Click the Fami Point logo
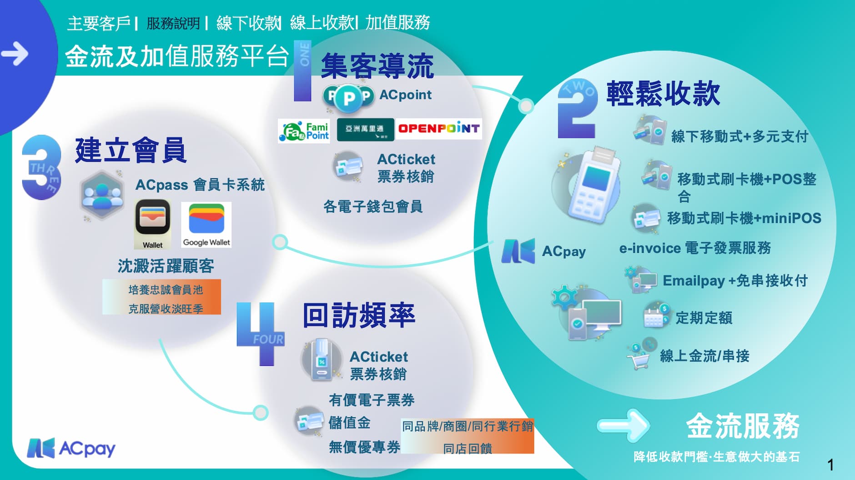click(x=303, y=131)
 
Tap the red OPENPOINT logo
click(x=438, y=129)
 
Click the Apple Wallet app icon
click(x=153, y=223)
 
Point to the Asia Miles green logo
click(x=365, y=130)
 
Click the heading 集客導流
click(x=377, y=66)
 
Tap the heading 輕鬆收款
click(x=663, y=94)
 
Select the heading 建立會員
click(x=131, y=150)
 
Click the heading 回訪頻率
click(x=359, y=315)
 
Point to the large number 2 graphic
click(x=577, y=109)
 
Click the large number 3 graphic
click(x=41, y=167)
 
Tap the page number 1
click(x=830, y=465)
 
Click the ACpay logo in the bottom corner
click(x=71, y=448)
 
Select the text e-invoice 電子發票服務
click(x=695, y=248)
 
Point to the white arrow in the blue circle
click(x=15, y=54)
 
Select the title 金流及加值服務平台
click(x=177, y=56)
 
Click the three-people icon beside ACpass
click(x=102, y=195)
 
